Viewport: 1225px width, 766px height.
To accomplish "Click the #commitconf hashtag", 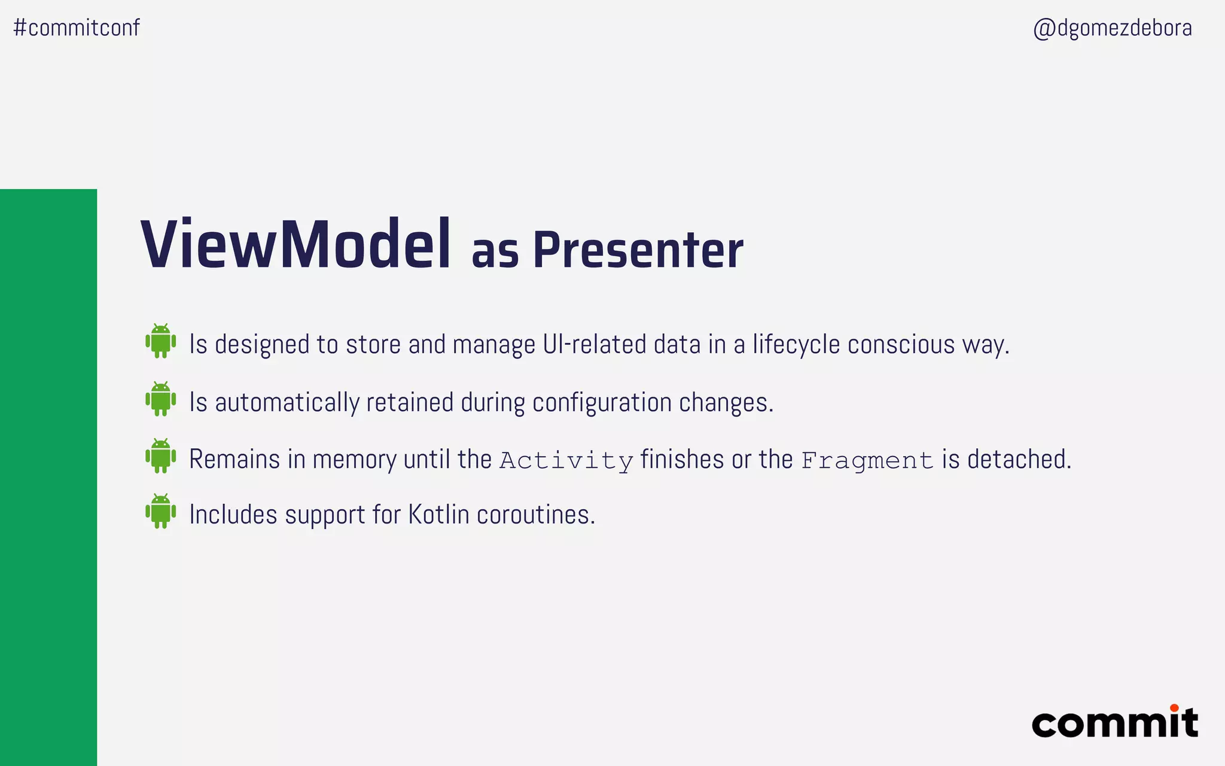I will click(x=77, y=28).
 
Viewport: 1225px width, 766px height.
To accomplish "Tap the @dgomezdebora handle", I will click(x=1113, y=28).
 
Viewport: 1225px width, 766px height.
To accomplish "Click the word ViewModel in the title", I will click(x=295, y=245).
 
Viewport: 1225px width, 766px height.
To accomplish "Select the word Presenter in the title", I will click(x=638, y=250).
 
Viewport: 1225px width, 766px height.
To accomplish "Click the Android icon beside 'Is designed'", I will click(x=161, y=341).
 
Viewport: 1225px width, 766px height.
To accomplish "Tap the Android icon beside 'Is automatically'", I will click(x=161, y=399).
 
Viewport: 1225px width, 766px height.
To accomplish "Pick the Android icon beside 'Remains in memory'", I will click(x=161, y=456).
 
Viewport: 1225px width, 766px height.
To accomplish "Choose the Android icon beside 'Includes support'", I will click(x=161, y=511).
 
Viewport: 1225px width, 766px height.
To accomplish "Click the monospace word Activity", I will click(x=566, y=461).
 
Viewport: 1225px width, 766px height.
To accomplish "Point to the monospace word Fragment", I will click(x=867, y=461).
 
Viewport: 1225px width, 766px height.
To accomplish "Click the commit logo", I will click(x=1115, y=723).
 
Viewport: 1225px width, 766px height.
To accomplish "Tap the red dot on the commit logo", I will click(x=1174, y=708).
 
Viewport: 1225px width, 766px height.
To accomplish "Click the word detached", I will click(x=1019, y=460).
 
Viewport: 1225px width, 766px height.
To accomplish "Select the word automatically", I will click(x=287, y=403).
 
